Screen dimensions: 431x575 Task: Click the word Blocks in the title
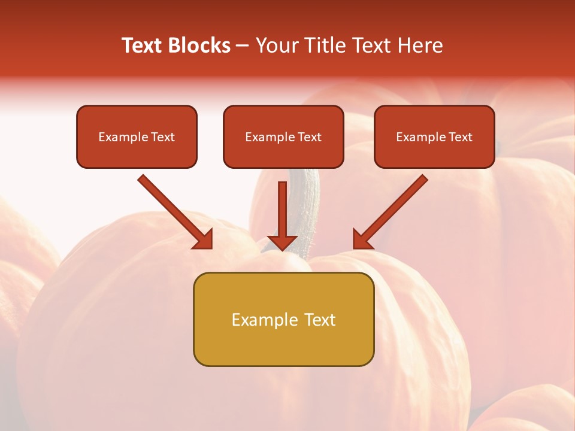pos(200,45)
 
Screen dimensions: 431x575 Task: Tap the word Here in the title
pos(421,45)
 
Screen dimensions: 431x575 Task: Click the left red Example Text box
pos(137,136)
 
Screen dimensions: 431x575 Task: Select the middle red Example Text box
pos(283,136)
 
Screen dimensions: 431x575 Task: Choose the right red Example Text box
pos(434,136)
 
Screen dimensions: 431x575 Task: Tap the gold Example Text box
pos(283,319)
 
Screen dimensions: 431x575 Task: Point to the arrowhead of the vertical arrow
pos(282,242)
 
